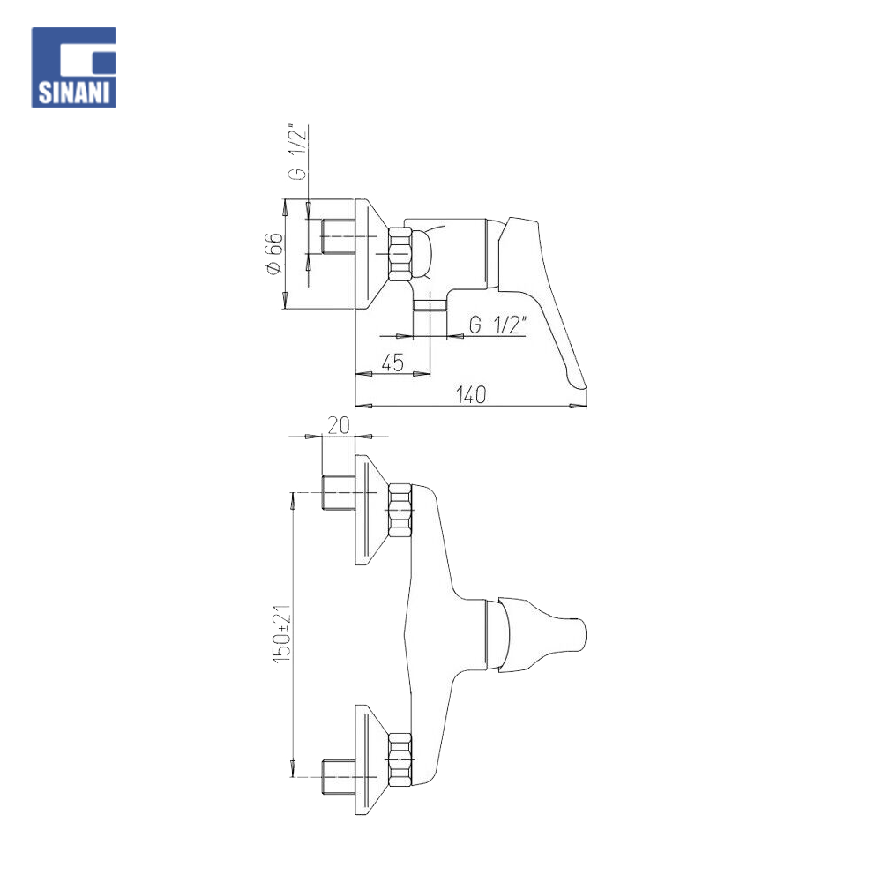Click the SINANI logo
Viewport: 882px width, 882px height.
74,68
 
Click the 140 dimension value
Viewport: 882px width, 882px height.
471,394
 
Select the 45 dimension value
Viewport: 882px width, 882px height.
392,363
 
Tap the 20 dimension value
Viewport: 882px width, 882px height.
339,425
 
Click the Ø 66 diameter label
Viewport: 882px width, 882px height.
274,254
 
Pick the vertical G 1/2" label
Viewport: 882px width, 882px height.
297,152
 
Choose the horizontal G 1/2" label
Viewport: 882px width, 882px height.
497,325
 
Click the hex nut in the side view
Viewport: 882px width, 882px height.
400,254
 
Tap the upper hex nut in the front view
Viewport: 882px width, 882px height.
400,510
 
